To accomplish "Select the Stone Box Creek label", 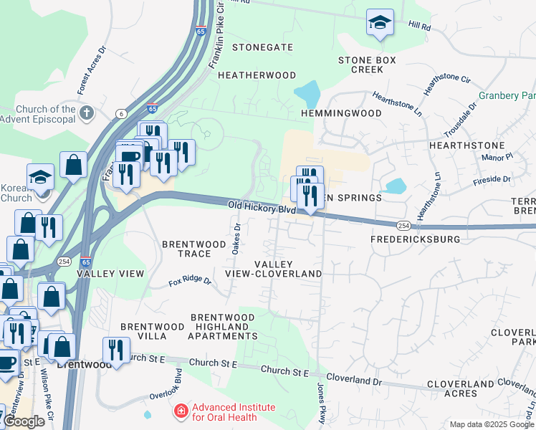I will point(367,64).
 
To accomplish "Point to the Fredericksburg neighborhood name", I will point(415,239).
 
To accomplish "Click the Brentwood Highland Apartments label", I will point(222,327).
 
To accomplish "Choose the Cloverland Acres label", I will point(461,389).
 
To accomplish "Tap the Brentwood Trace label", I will point(186,249).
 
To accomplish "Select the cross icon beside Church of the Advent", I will point(87,113).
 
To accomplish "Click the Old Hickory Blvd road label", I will point(262,208).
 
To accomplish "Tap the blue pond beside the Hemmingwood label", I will point(307,94).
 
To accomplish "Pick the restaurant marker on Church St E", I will point(116,350).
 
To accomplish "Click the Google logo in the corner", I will point(24,421).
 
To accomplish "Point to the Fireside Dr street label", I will point(492,180).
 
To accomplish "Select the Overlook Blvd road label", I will point(177,383).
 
